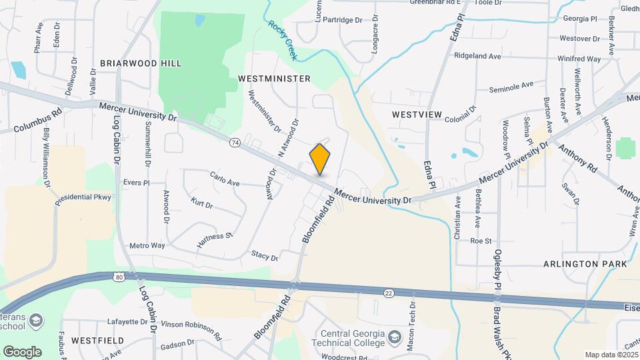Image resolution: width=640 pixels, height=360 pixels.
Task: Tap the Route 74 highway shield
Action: coord(235,142)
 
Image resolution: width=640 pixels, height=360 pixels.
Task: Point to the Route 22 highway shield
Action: coord(388,292)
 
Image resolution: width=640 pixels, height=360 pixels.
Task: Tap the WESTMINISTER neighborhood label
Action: coord(274,79)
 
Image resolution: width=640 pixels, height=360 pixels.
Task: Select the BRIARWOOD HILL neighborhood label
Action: coord(141,63)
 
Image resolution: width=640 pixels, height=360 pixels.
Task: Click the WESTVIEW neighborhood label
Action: coord(417,115)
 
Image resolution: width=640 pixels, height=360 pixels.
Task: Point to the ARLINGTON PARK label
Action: coord(585,264)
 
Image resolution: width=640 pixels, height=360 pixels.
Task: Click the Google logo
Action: coord(22,351)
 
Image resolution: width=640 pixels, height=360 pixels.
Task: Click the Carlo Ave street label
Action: coord(225,181)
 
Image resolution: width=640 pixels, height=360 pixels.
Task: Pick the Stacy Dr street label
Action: coord(264,255)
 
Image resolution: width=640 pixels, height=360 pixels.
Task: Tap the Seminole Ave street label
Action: coord(511,86)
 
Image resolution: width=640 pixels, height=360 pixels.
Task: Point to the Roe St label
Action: coord(481,241)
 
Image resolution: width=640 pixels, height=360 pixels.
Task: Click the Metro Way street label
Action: coord(147,246)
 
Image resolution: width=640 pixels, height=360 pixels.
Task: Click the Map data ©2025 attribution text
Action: coord(611,355)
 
